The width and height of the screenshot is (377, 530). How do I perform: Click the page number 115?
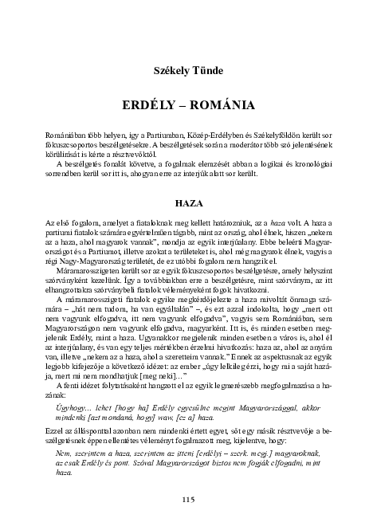point(188,500)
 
